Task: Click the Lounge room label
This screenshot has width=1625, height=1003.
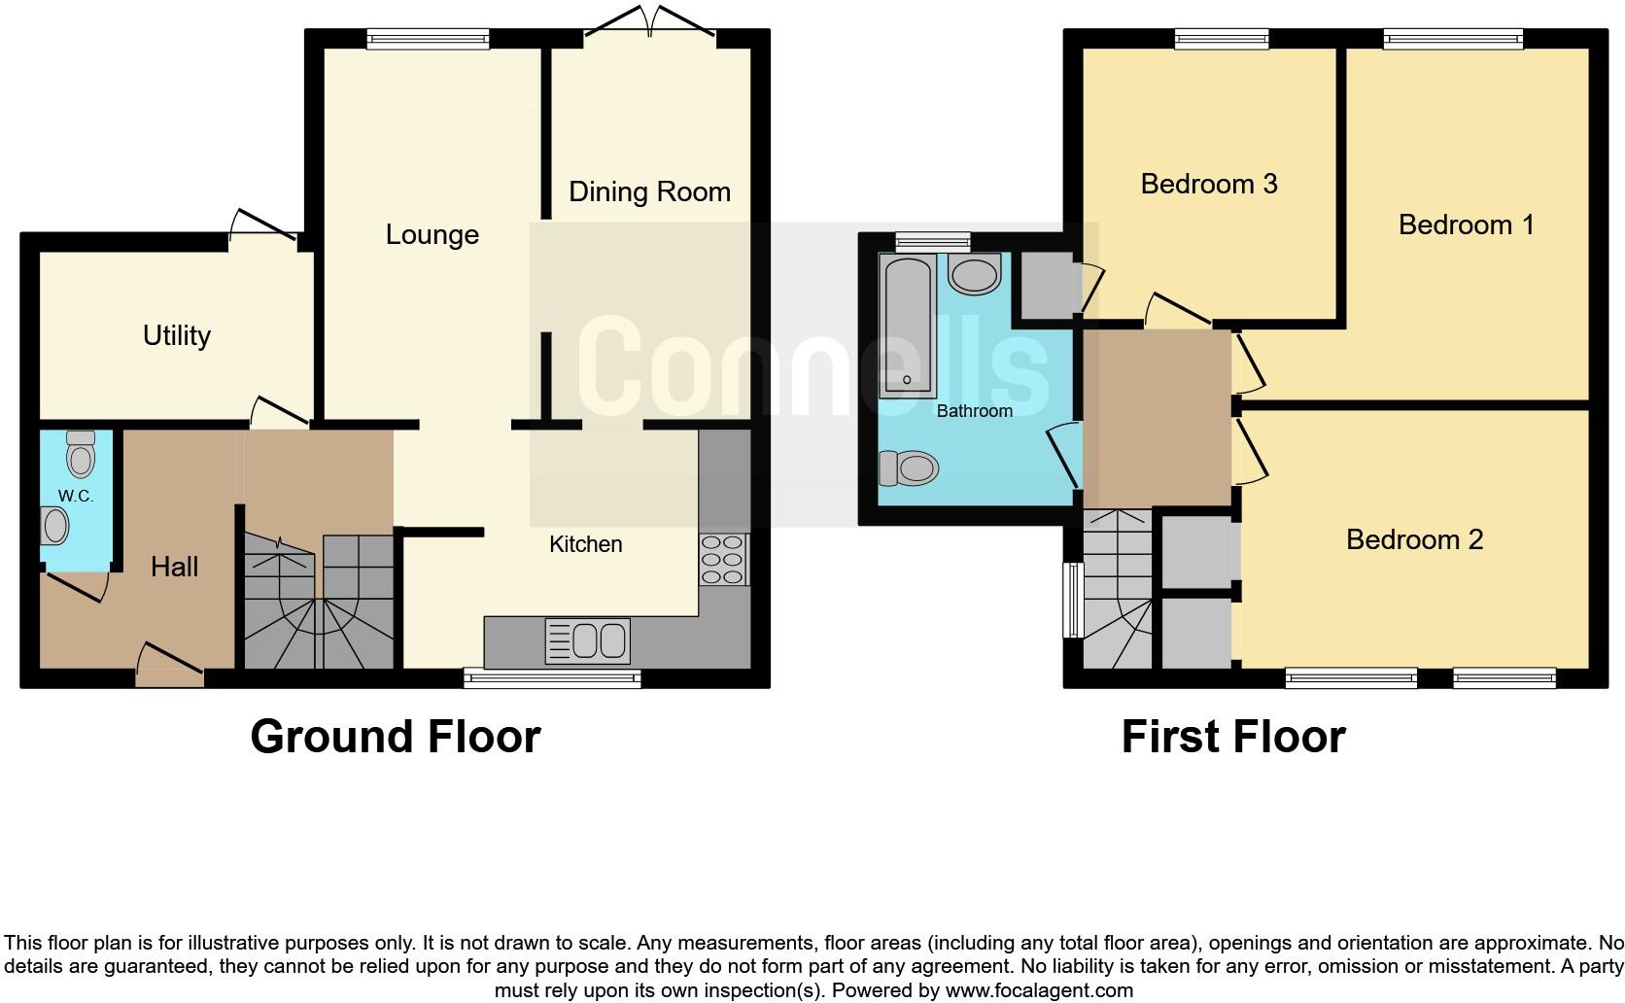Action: [432, 234]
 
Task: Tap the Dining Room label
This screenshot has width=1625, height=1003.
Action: [649, 191]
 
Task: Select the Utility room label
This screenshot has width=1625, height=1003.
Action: [176, 335]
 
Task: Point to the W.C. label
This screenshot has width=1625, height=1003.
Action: [75, 496]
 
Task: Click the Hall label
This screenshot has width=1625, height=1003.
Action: [174, 567]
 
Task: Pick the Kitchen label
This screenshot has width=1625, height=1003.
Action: [585, 544]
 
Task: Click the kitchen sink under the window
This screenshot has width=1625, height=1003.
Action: [588, 641]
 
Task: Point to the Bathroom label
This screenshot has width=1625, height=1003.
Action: [974, 411]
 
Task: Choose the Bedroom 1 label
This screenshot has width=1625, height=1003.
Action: [1466, 225]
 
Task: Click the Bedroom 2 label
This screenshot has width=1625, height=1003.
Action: [1414, 539]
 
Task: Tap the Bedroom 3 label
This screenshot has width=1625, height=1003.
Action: [1208, 184]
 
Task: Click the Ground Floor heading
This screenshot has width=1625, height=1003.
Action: [395, 737]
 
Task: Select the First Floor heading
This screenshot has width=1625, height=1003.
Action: [1232, 737]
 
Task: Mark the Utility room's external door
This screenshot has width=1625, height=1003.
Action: [262, 226]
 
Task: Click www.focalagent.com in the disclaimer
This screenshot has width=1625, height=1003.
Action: [1038, 991]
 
